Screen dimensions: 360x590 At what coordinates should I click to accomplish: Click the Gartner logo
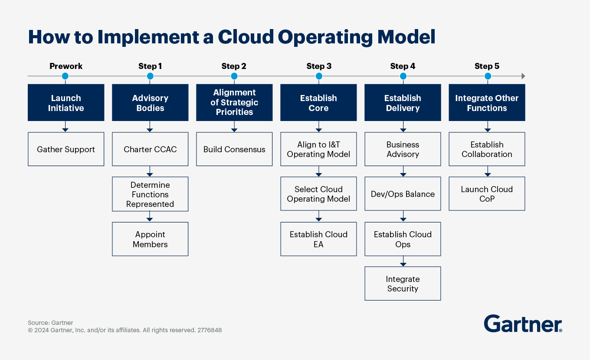[523, 324]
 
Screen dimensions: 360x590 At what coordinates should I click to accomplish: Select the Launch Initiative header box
[66, 103]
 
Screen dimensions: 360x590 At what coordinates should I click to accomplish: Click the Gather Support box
[66, 149]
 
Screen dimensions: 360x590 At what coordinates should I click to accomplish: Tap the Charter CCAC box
[150, 149]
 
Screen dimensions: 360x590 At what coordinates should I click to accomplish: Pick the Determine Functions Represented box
[150, 194]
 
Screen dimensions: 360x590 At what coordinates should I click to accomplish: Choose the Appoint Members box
[150, 239]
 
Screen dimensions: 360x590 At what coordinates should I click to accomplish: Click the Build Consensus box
[234, 149]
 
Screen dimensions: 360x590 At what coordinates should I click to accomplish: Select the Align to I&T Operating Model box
[318, 149]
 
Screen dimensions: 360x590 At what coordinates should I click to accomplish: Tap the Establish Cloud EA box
[318, 239]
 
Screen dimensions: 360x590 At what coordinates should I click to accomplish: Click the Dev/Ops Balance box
[403, 194]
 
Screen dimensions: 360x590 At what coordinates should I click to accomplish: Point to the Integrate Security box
[403, 284]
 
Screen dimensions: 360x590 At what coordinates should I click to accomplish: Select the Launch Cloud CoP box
[487, 194]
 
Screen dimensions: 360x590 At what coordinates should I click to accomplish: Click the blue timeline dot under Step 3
[319, 76]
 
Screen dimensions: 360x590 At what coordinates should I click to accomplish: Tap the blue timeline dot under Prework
[65, 76]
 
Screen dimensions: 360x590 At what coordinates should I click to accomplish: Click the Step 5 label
[487, 66]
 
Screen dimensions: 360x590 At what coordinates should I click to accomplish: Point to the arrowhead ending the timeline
[523, 76]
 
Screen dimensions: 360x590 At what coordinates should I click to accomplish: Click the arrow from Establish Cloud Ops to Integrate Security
[403, 262]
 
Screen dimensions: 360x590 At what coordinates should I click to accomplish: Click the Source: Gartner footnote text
[50, 323]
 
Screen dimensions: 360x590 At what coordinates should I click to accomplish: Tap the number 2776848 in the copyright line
[210, 330]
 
